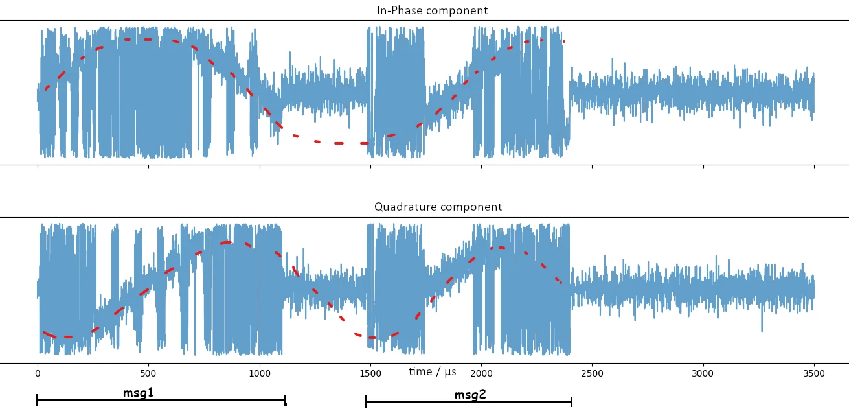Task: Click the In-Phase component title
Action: click(x=432, y=10)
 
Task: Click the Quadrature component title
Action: click(x=438, y=207)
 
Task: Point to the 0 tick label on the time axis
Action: click(x=38, y=373)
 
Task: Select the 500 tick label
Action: click(x=148, y=373)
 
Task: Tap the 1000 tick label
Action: click(x=260, y=373)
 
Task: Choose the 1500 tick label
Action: click(x=370, y=373)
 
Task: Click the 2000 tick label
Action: click(x=481, y=373)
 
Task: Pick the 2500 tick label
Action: click(x=592, y=373)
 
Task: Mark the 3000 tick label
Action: click(x=703, y=373)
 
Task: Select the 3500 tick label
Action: click(x=814, y=373)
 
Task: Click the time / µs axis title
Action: click(x=433, y=372)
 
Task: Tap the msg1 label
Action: click(x=139, y=393)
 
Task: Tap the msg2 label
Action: click(x=470, y=395)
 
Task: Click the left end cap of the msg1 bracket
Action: click(x=37, y=400)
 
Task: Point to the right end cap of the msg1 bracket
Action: click(x=286, y=401)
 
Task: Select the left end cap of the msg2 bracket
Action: click(x=366, y=401)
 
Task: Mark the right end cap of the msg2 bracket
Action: click(x=572, y=402)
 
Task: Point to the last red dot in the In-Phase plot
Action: click(x=564, y=41)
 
